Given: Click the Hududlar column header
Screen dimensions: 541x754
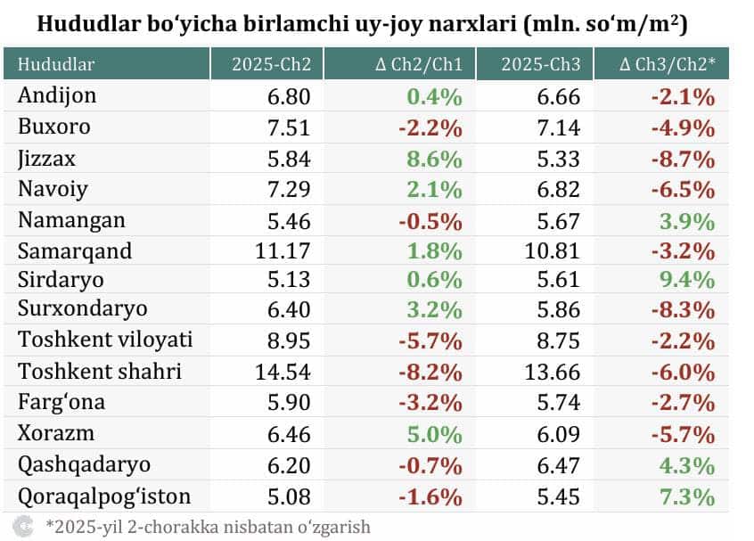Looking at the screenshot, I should [56, 64].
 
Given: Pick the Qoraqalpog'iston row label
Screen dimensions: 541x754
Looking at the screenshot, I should [104, 495].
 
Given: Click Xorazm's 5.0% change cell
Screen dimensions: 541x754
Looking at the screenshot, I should [437, 435].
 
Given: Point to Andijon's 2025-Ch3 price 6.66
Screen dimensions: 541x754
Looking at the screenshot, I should [560, 96].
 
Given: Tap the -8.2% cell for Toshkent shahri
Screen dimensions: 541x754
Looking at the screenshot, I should [432, 371].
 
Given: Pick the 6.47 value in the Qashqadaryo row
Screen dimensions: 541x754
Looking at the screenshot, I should [560, 464].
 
